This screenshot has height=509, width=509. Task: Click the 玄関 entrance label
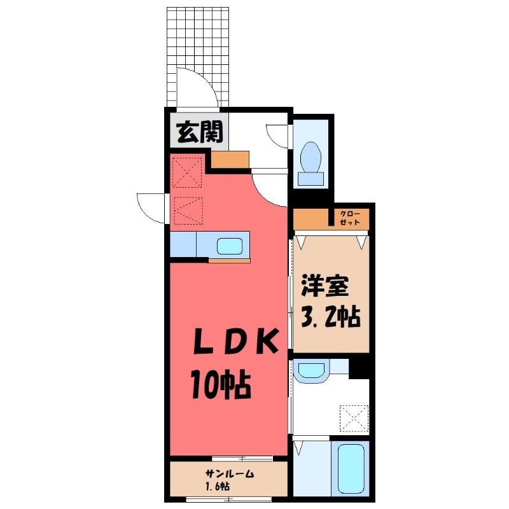(200, 132)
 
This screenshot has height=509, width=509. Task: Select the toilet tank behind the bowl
(310, 179)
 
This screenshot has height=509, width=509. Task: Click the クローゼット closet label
(350, 218)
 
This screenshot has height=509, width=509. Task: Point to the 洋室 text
(325, 286)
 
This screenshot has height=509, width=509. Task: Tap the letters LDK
(236, 341)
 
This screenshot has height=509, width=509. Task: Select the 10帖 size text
(221, 385)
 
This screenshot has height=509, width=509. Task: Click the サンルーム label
(230, 474)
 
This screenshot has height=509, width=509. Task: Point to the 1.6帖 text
(218, 486)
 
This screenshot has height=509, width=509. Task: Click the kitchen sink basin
(230, 246)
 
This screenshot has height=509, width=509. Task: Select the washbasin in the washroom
(311, 370)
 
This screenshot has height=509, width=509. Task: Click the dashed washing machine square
(354, 419)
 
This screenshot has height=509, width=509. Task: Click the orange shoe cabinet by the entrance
(230, 160)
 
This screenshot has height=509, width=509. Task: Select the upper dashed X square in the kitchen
(187, 172)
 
